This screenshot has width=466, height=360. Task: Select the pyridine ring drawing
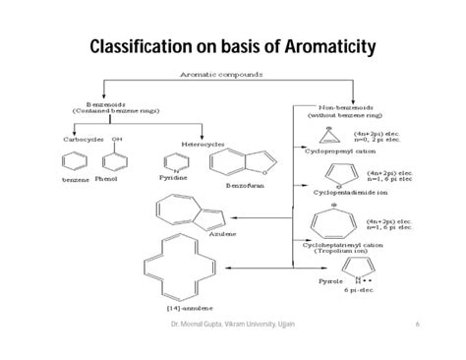pos(172,161)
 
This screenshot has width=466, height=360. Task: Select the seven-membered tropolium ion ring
pos(337,224)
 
